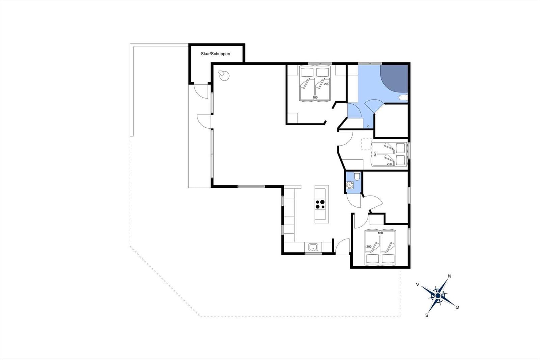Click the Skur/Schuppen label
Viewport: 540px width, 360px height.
215,54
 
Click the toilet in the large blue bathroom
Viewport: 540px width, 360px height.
403,98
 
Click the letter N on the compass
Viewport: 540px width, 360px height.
449,276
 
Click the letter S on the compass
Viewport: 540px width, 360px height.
427,315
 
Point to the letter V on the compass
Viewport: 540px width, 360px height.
417,284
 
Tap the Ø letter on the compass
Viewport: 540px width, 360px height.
457,307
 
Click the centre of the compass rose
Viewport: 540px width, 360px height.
438,295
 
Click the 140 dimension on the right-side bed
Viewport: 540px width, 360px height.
375,154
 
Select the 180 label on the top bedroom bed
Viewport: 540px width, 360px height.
315,98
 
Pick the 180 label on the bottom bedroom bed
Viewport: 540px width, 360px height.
380,233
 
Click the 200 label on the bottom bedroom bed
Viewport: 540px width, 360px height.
369,247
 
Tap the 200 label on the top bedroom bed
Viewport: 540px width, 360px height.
327,84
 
